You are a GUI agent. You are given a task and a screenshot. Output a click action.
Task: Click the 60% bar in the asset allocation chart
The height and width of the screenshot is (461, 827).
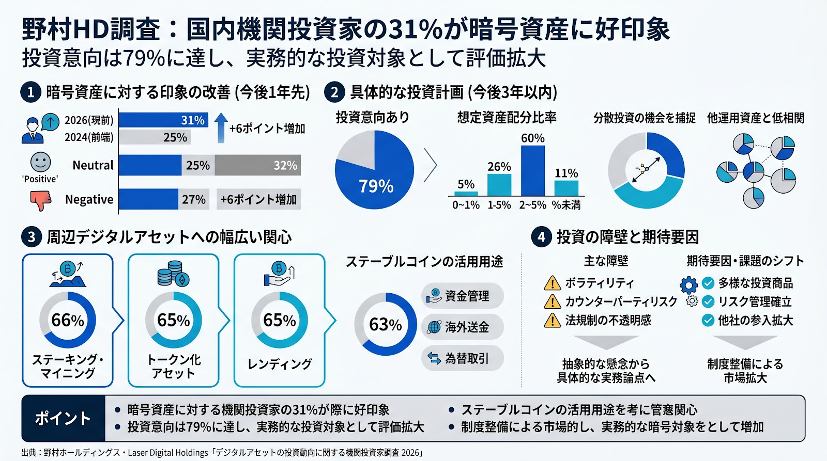(x=532, y=170)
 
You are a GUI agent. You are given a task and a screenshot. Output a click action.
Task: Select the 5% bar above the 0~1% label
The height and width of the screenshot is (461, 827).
(x=466, y=194)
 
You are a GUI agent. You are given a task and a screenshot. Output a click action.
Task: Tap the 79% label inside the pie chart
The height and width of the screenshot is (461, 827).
(x=376, y=186)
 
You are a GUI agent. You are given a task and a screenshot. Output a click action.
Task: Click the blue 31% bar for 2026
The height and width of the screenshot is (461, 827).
(x=163, y=120)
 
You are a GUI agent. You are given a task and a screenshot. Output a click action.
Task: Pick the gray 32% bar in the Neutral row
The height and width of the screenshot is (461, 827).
(x=258, y=165)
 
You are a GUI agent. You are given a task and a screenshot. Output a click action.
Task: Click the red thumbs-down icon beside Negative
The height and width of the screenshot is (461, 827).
(x=41, y=200)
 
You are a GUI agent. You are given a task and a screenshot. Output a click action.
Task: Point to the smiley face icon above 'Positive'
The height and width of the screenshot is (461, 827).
(x=40, y=162)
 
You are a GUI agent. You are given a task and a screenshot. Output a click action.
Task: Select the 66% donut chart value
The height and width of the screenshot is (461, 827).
(x=68, y=320)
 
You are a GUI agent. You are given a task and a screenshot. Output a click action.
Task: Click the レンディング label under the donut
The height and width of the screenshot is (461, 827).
(x=280, y=364)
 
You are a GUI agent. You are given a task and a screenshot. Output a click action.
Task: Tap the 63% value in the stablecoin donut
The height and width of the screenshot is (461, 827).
(x=386, y=324)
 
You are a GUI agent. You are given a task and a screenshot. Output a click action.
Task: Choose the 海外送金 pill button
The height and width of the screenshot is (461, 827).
(x=462, y=327)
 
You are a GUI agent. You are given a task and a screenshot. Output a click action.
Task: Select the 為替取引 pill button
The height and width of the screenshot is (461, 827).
(x=462, y=358)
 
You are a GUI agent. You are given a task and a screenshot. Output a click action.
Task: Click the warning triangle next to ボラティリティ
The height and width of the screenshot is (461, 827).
(x=553, y=283)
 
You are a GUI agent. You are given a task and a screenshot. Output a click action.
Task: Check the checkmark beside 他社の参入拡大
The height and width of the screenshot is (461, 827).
(x=708, y=321)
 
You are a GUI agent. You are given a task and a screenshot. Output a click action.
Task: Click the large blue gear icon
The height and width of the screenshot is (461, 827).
(x=688, y=285)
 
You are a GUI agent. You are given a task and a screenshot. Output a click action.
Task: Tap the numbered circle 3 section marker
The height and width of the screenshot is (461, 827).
(x=31, y=237)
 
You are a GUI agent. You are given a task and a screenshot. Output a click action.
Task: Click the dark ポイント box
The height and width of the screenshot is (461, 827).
(x=63, y=418)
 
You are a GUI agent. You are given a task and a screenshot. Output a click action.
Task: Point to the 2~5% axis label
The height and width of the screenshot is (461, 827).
(x=532, y=205)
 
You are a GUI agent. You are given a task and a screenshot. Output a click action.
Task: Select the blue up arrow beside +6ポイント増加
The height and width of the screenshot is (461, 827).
(x=221, y=127)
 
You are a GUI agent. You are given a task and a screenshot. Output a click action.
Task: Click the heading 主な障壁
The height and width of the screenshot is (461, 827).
(x=606, y=261)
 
